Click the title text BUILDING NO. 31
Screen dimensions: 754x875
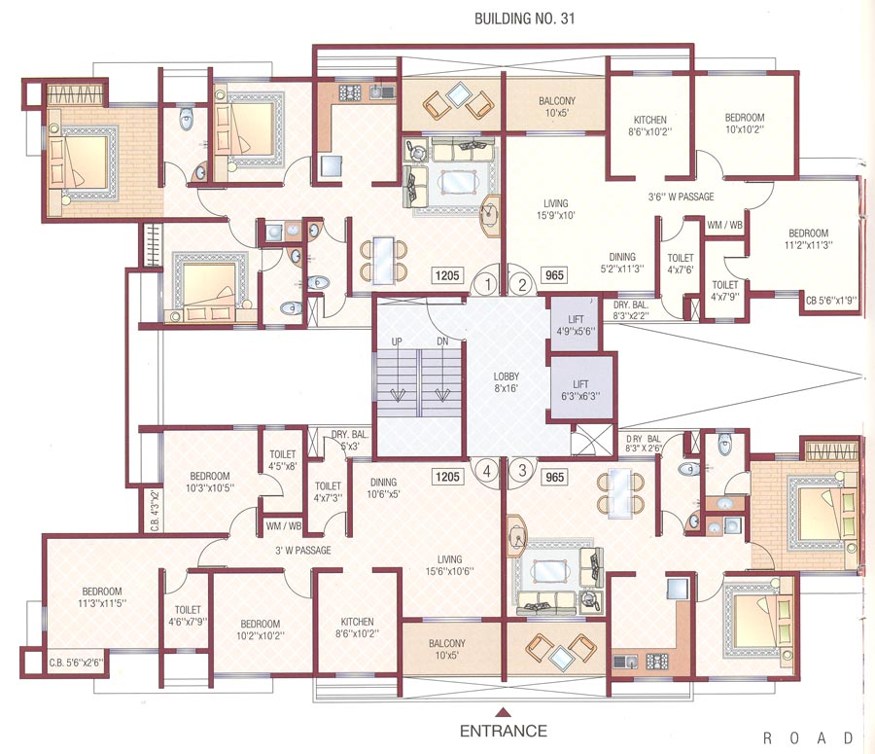(x=521, y=18)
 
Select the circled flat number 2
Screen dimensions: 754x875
(x=522, y=284)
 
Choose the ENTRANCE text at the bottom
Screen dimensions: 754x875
(x=503, y=731)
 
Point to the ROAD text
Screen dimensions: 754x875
(x=809, y=737)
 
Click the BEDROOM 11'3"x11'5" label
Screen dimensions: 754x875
(x=101, y=596)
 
